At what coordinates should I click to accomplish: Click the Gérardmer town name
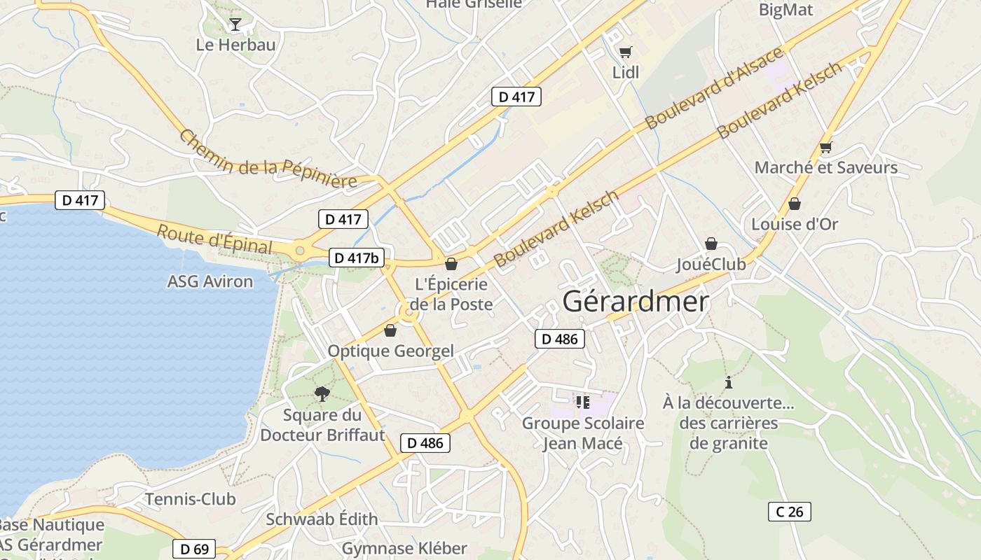[636, 302]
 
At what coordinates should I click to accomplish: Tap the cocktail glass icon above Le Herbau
[235, 24]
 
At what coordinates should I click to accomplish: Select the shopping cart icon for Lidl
[625, 52]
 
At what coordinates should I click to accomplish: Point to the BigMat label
[786, 10]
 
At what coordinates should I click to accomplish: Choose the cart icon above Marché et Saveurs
[825, 147]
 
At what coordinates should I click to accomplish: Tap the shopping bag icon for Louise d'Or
[794, 204]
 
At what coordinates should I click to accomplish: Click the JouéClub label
[711, 265]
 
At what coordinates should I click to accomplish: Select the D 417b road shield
[356, 258]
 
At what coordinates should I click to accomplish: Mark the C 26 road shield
[789, 512]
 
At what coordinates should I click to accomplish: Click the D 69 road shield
[194, 549]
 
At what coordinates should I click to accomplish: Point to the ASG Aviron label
[210, 281]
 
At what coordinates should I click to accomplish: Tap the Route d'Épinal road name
[214, 239]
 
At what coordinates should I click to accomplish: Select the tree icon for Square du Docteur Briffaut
[322, 393]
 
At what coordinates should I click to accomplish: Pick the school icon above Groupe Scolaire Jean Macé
[583, 402]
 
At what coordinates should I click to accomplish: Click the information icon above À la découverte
[729, 382]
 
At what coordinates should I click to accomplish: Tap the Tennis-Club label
[190, 499]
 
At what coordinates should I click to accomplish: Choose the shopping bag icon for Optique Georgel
[390, 330]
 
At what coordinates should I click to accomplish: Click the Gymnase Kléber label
[404, 547]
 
